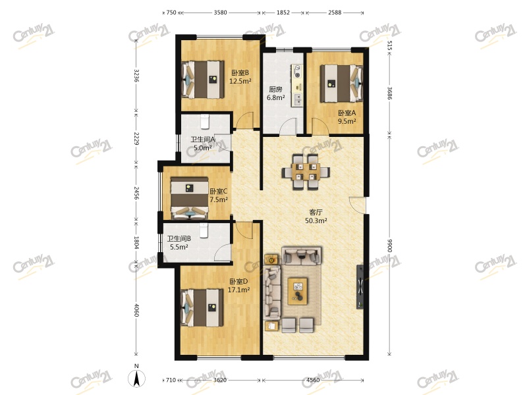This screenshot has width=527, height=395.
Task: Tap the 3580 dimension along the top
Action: click(220, 13)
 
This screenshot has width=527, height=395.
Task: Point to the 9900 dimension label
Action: click(389, 246)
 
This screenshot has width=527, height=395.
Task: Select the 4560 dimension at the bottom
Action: click(313, 380)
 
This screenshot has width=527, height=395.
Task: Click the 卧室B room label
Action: click(240, 72)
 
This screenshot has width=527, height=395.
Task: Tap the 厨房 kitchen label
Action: click(275, 90)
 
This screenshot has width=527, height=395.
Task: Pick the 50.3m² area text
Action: click(316, 221)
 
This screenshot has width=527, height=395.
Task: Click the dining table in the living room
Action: click(306, 172)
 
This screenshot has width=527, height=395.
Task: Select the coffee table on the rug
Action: click(298, 291)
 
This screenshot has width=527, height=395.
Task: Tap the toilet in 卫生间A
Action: click(205, 121)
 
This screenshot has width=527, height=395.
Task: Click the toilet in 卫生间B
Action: click(204, 230)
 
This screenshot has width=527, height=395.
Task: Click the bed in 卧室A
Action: click(341, 84)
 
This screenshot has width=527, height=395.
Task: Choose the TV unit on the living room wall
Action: click(360, 287)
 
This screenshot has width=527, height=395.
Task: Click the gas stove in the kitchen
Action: click(298, 71)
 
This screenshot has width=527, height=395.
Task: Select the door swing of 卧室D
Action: click(244, 230)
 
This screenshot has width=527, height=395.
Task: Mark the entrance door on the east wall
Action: click(357, 205)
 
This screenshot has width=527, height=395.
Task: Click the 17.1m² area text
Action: click(238, 290)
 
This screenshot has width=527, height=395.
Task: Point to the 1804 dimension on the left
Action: click(136, 242)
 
